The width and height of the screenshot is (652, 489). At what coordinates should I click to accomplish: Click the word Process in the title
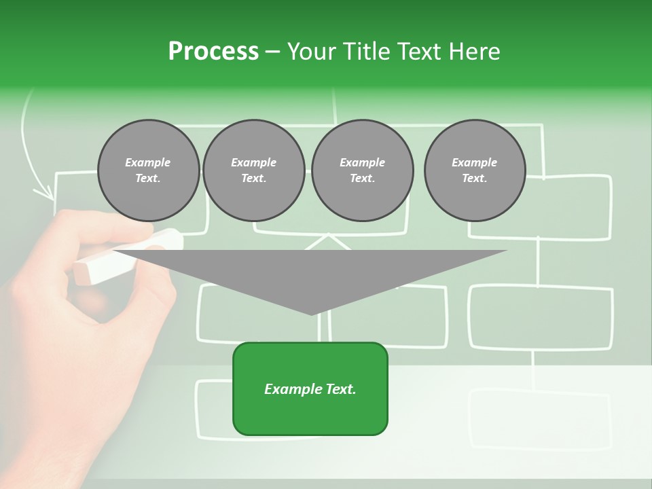pos(213,52)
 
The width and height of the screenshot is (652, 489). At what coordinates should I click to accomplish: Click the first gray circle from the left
pos(148,170)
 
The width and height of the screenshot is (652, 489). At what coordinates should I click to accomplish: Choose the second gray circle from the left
pos(253,170)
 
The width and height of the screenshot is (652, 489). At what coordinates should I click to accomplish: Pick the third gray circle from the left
pos(362,170)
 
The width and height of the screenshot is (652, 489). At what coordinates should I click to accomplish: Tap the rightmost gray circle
pos(474,170)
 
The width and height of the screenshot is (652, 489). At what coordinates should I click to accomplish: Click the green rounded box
pos(310,388)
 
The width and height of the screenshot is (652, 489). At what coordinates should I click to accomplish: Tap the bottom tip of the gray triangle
pos(311,313)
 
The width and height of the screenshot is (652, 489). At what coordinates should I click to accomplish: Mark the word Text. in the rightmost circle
pos(474,179)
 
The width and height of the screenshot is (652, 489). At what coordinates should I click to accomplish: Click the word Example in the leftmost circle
pos(148,162)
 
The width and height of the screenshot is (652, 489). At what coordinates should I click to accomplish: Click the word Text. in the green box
pos(341,389)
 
